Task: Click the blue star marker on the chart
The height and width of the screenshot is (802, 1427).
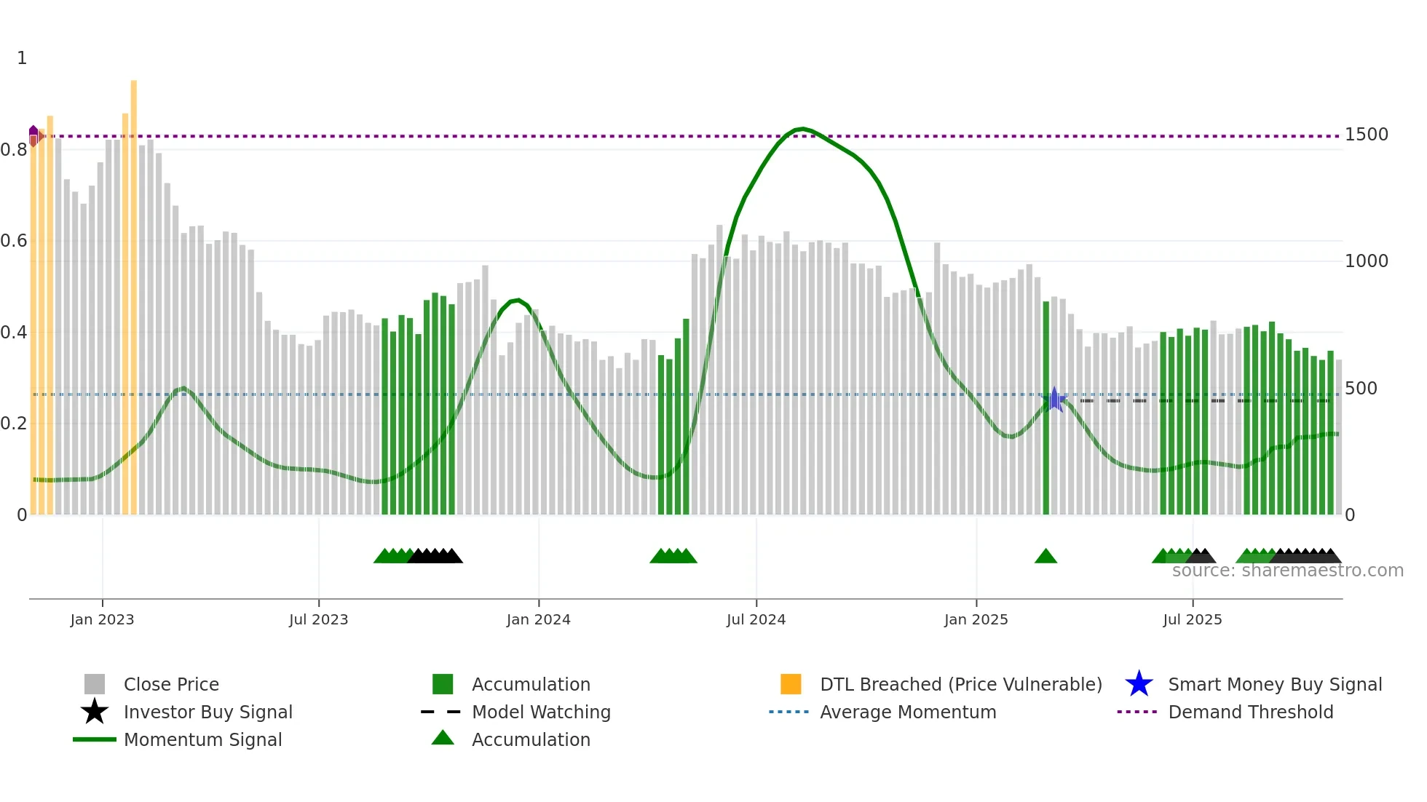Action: tap(1054, 399)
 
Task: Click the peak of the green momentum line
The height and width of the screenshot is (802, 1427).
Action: tap(802, 129)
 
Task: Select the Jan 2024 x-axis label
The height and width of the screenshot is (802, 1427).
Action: tap(538, 620)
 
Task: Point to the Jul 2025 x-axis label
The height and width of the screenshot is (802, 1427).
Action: tap(1192, 620)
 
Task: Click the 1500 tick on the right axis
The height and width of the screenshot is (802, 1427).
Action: tap(1366, 135)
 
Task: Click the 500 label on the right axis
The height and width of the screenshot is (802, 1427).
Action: tap(1360, 389)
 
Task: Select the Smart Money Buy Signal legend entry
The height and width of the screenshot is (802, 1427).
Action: tap(1274, 685)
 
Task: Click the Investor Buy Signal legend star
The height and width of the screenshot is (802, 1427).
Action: tap(95, 712)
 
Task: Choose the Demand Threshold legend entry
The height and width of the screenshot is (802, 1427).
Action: tap(1250, 712)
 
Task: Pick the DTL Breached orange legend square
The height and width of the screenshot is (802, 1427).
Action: tap(791, 684)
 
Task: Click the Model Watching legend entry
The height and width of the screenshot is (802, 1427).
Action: tap(540, 712)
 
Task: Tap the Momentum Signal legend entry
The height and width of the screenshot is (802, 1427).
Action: tap(202, 740)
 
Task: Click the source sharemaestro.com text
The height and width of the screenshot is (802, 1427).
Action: tap(1287, 571)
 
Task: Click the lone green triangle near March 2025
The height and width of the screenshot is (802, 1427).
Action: tap(1045, 557)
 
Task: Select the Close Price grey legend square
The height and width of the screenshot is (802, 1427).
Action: tap(95, 684)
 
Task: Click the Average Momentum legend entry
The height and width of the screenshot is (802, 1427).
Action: tap(907, 712)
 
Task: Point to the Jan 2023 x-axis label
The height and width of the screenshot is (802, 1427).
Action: tap(102, 620)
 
